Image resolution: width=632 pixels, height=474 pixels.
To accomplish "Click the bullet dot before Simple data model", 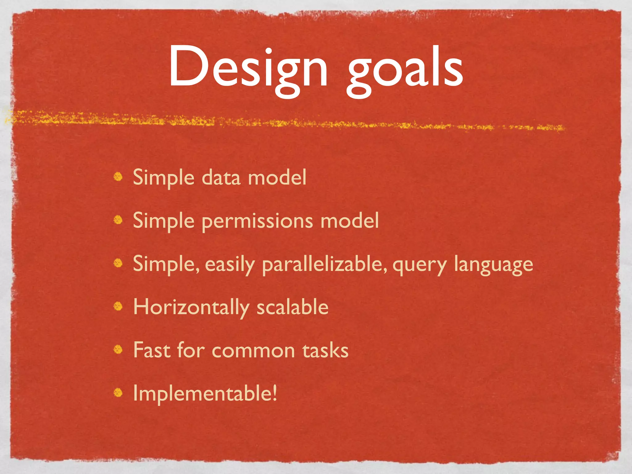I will pos(118,177).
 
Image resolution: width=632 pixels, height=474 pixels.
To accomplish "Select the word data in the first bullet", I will pos(221,178).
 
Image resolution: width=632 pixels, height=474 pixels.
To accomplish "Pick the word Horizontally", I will pos(191,308).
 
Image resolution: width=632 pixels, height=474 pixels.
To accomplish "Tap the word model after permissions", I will pos(349,221).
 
